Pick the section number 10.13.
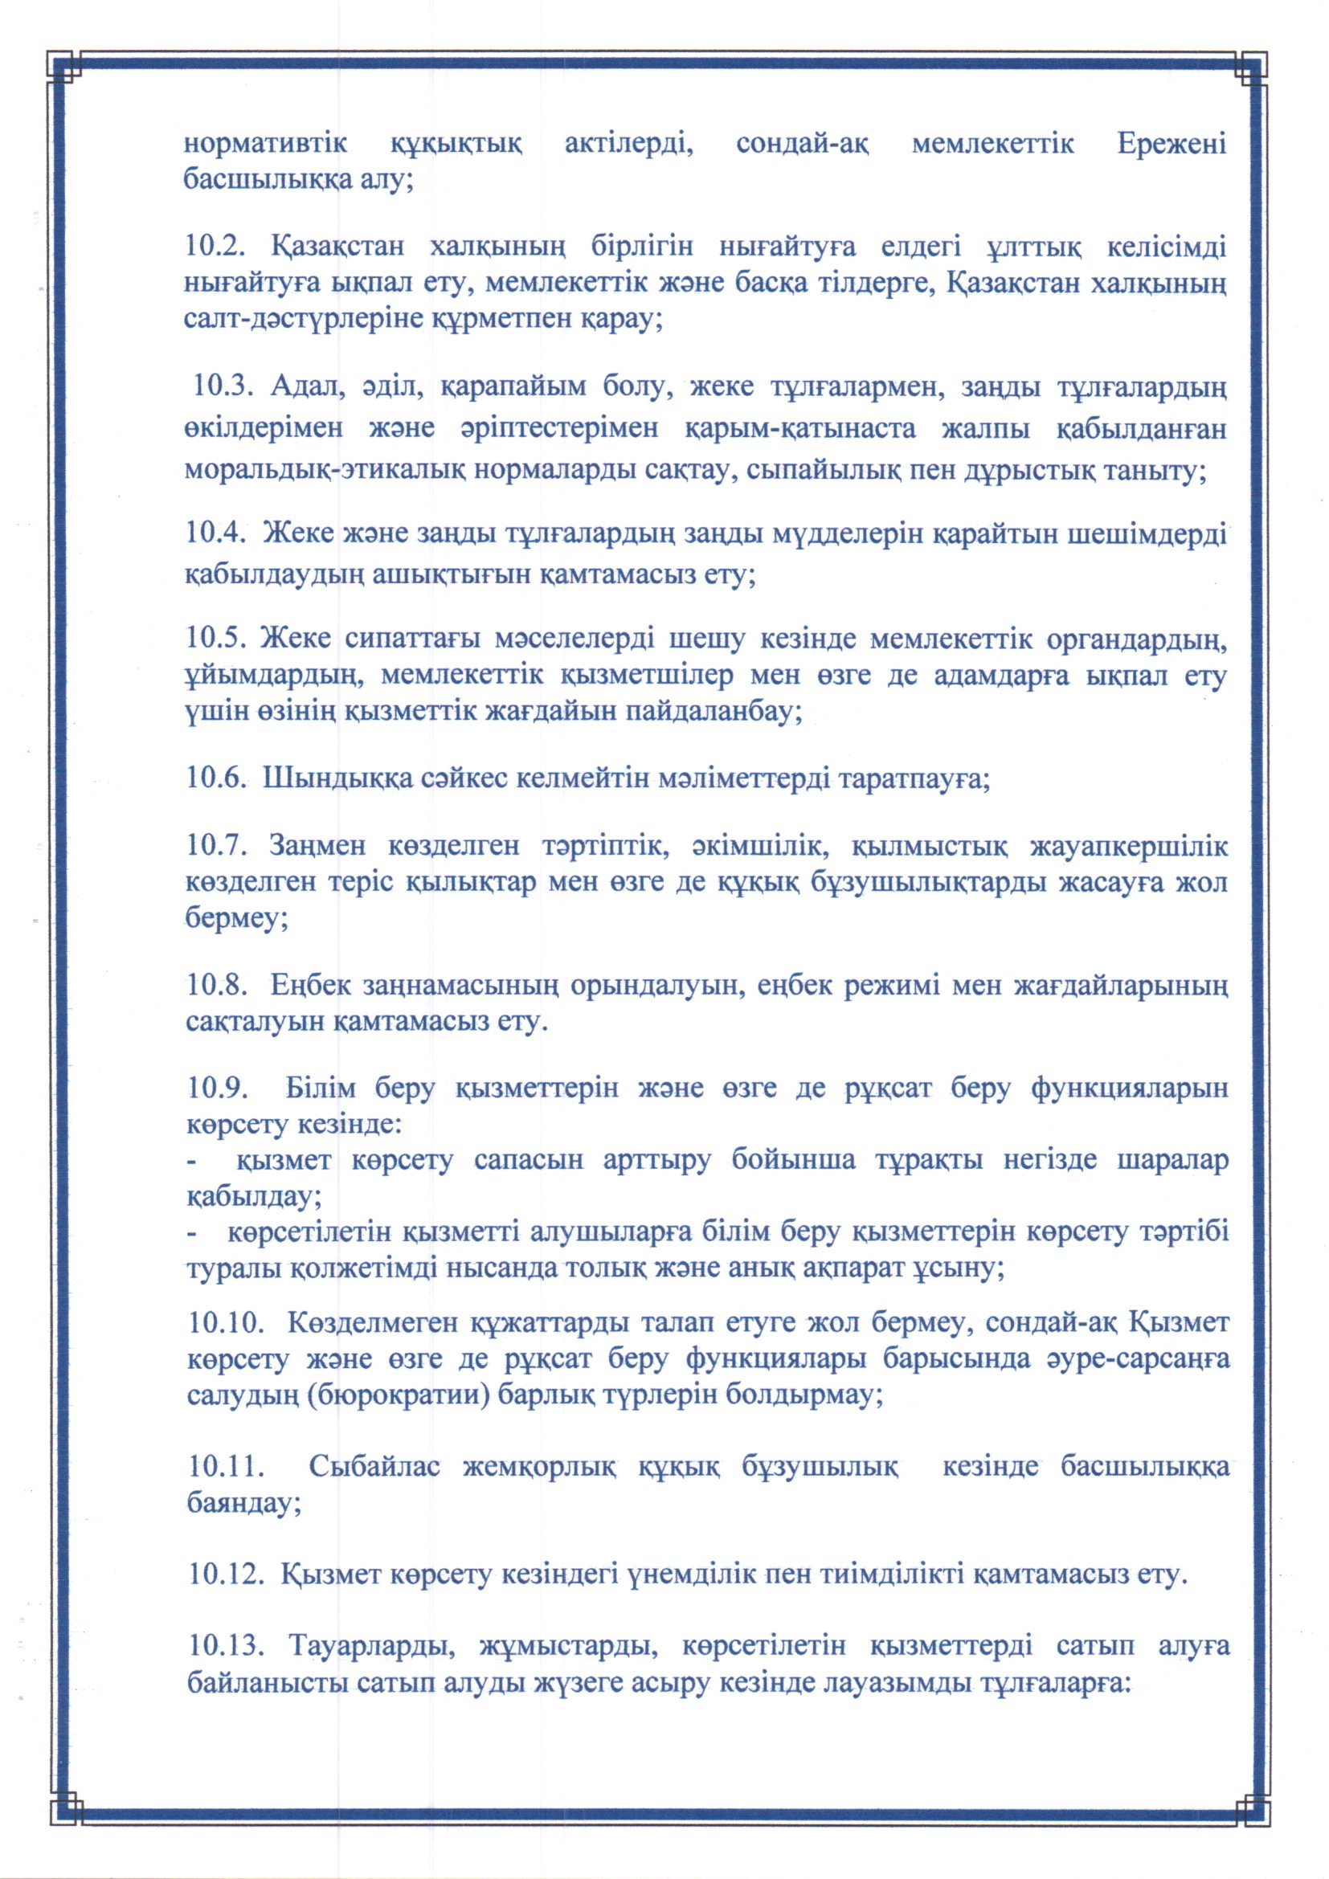[227, 1644]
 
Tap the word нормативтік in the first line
[265, 144]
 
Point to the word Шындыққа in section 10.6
[338, 778]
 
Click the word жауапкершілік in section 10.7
[1128, 845]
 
